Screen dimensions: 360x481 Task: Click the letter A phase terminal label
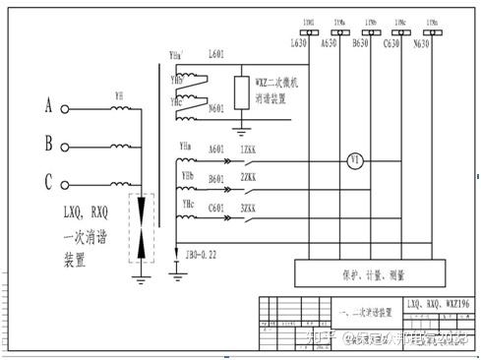click(49, 103)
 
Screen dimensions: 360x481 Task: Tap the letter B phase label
click(49, 142)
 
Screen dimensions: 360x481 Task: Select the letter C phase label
click(49, 180)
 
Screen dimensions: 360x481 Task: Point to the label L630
click(298, 44)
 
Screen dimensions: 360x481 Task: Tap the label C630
click(391, 44)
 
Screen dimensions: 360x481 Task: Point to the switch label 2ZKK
click(249, 178)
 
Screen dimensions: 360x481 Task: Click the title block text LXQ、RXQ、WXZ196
click(433, 307)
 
